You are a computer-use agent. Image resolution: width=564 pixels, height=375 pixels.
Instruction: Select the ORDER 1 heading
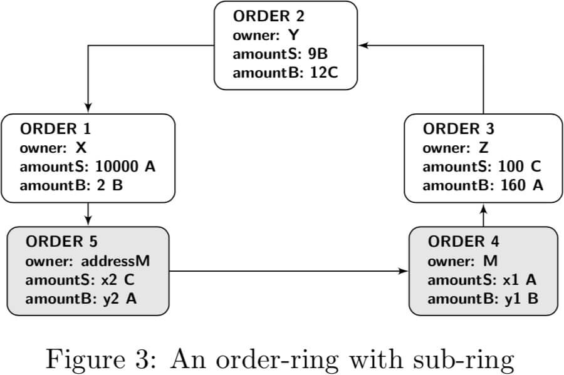click(x=55, y=129)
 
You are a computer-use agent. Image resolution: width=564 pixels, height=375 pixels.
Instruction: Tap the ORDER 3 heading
click(x=458, y=129)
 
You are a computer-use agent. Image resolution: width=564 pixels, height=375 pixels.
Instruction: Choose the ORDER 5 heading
click(x=61, y=241)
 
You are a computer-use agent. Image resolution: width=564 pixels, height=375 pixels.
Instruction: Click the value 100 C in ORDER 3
click(x=520, y=167)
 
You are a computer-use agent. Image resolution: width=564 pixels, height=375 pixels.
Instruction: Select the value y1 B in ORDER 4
click(x=521, y=299)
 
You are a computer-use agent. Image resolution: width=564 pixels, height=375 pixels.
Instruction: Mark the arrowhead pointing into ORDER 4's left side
click(x=404, y=272)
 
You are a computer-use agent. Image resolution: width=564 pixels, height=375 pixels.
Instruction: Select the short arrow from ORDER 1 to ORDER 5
click(x=88, y=214)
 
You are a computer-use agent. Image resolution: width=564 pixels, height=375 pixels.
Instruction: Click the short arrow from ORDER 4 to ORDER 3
click(x=484, y=214)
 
